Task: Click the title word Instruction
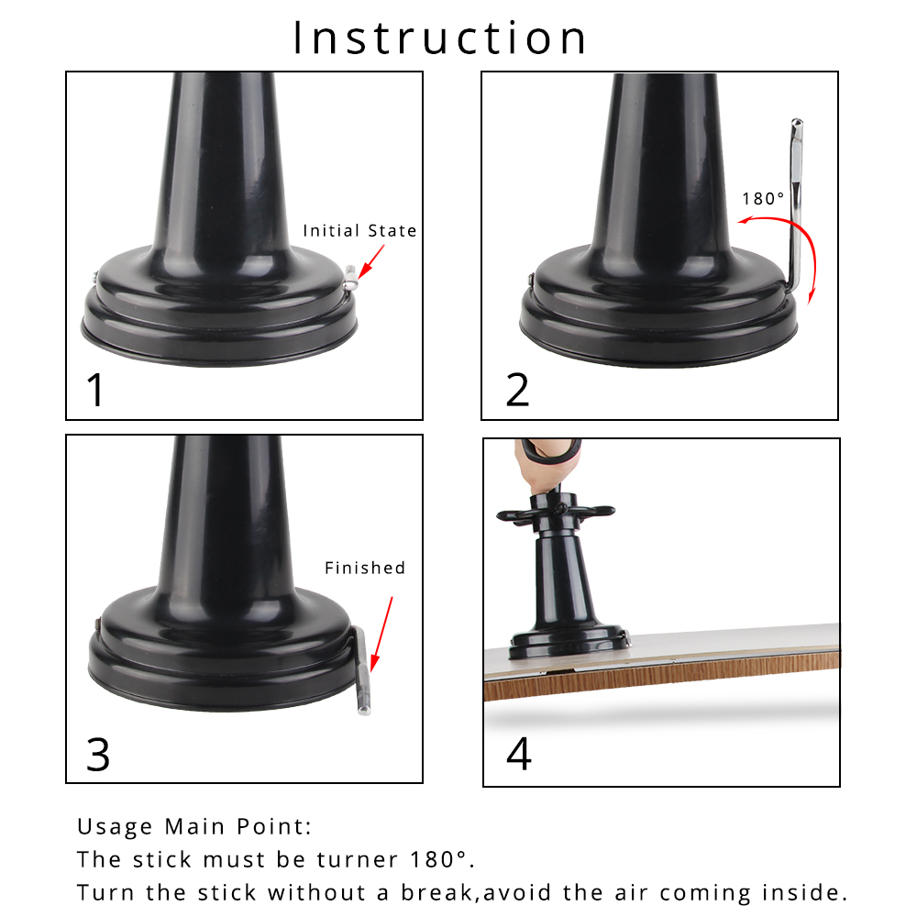tap(440, 39)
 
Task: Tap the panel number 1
tap(95, 389)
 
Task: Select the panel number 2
tap(517, 389)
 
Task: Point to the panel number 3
tap(97, 754)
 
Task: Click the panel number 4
tap(518, 754)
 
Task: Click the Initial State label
tap(359, 231)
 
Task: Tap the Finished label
tap(364, 569)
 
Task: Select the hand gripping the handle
tap(548, 463)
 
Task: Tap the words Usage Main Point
tap(194, 827)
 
